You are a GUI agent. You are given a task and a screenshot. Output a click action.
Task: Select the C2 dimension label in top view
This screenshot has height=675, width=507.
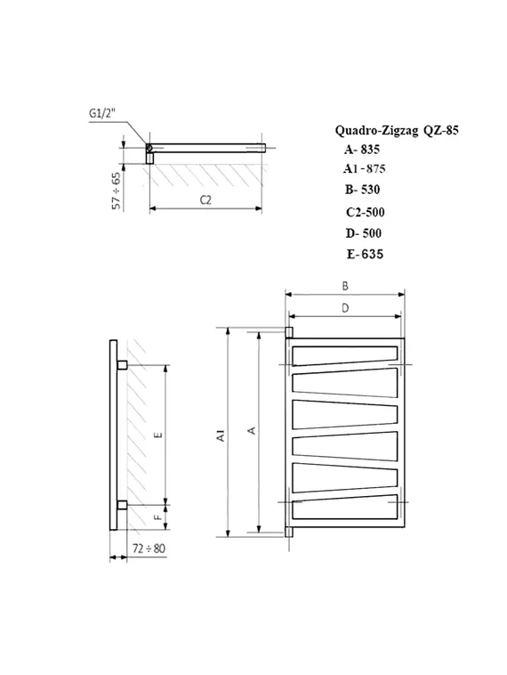tap(205, 199)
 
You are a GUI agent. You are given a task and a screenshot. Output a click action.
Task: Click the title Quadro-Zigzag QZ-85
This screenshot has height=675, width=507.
tap(397, 130)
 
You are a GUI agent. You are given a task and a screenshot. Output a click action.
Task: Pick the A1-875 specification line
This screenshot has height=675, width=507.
tap(365, 168)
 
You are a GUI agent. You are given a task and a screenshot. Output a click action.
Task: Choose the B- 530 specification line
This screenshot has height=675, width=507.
tap(365, 189)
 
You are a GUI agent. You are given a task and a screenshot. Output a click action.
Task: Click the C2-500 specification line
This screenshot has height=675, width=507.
tap(366, 212)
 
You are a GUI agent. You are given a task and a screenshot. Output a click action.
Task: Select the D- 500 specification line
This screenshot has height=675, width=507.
tap(365, 232)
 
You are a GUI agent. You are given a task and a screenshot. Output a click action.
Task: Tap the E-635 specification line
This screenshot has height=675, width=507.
tap(366, 254)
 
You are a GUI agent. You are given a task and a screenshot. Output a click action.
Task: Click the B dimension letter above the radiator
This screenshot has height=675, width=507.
tap(344, 285)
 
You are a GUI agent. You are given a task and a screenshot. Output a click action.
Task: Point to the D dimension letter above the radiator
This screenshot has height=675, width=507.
tap(344, 307)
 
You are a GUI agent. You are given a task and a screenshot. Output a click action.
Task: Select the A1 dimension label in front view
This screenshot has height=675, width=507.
tap(219, 435)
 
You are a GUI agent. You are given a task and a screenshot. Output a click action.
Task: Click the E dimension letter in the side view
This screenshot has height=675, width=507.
tap(157, 435)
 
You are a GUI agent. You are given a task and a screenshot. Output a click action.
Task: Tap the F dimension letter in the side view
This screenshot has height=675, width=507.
tap(157, 516)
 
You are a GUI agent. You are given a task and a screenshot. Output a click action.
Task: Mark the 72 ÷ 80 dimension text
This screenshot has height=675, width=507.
tap(148, 548)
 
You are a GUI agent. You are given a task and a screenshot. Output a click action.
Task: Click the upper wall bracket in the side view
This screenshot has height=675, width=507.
tap(122, 365)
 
